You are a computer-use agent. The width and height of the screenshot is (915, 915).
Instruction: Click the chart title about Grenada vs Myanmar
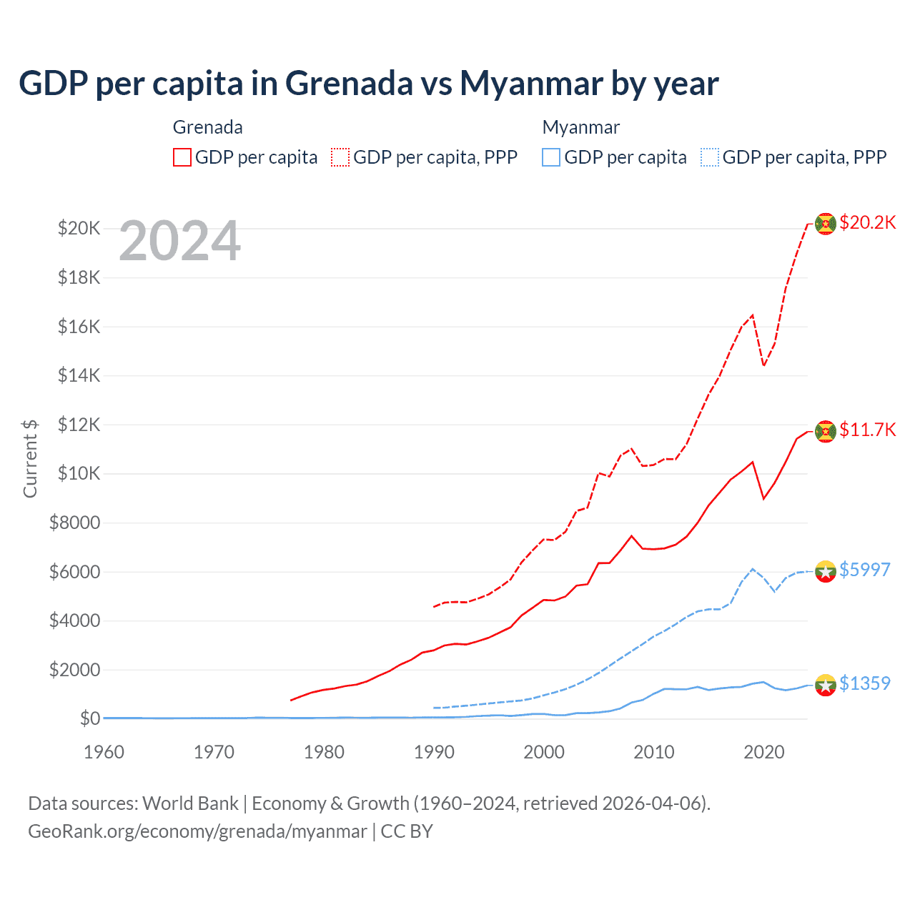[368, 84]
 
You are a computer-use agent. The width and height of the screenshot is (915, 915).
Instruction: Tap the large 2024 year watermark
[179, 242]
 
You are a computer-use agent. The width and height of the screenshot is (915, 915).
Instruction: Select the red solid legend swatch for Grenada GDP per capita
[182, 157]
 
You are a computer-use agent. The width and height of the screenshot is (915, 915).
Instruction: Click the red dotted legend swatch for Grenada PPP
[340, 157]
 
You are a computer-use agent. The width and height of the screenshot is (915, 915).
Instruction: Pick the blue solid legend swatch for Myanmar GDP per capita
[551, 157]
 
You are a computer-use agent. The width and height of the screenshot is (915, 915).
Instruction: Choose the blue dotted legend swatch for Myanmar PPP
[710, 157]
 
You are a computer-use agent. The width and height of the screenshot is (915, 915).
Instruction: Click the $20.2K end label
[867, 222]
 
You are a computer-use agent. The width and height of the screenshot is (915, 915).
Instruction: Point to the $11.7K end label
[867, 430]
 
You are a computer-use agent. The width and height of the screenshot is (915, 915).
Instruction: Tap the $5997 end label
[864, 570]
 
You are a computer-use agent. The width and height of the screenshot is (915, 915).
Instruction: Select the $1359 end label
[864, 683]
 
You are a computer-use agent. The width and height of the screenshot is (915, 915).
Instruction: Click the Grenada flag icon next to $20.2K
[826, 224]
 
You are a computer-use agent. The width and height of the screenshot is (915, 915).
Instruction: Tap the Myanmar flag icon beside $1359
[826, 685]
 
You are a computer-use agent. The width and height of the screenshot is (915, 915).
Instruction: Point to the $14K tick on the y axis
[79, 375]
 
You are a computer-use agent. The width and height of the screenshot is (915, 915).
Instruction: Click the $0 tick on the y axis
[89, 718]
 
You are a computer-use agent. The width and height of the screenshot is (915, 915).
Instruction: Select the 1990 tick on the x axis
[434, 752]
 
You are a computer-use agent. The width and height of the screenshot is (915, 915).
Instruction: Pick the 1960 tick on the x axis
[104, 752]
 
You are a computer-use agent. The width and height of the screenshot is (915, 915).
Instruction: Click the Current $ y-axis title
[30, 458]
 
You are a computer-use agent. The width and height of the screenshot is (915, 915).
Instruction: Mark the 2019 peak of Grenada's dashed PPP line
[752, 315]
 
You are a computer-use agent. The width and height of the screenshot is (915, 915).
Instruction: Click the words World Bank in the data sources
[190, 803]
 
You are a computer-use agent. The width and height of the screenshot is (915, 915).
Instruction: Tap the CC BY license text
[407, 831]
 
